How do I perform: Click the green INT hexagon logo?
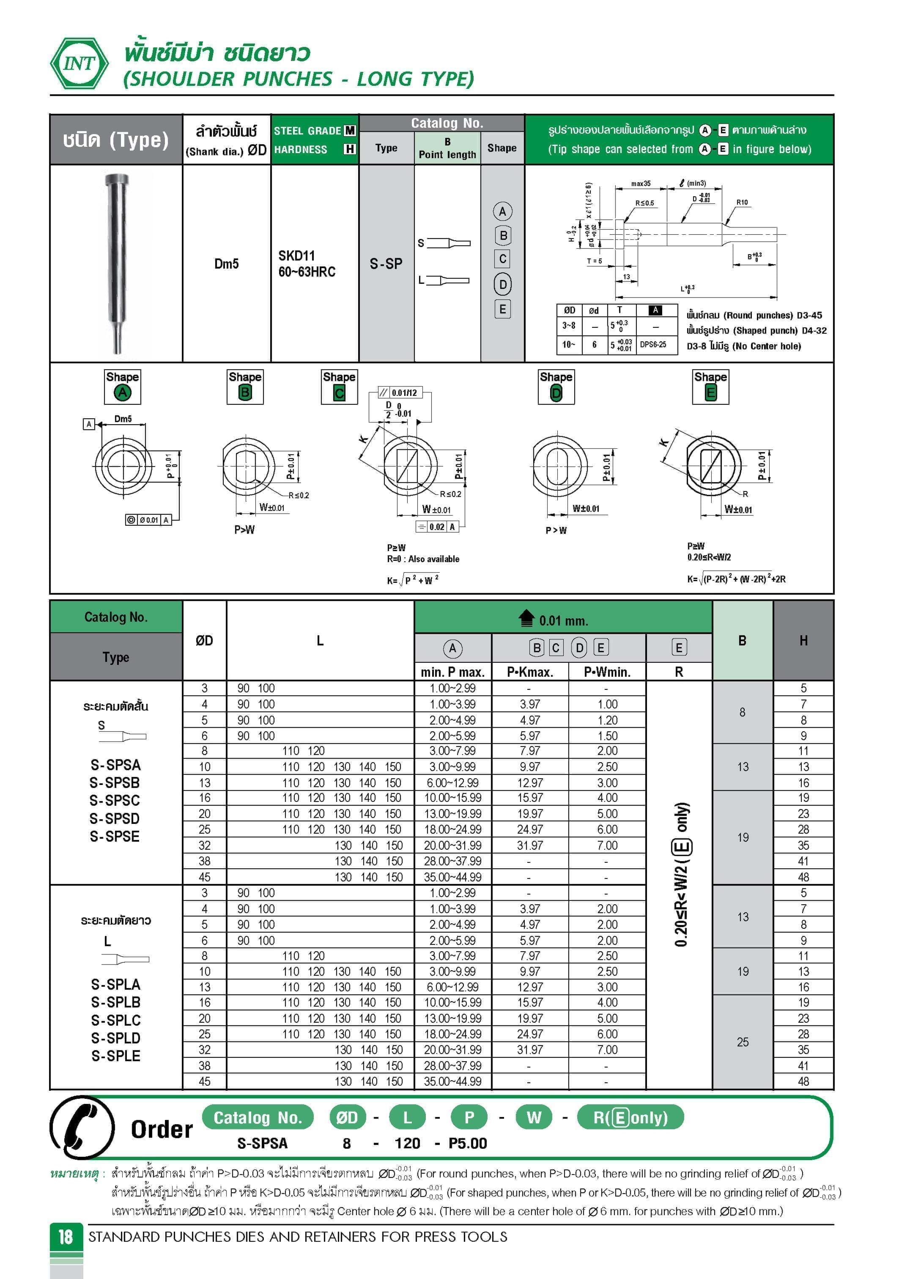click(x=79, y=63)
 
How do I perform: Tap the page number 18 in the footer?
click(x=66, y=1237)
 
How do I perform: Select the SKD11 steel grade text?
click(x=297, y=256)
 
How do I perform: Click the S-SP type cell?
click(x=386, y=263)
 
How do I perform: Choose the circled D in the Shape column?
click(x=502, y=285)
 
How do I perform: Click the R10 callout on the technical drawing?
click(x=742, y=202)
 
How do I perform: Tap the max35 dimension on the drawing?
click(x=641, y=183)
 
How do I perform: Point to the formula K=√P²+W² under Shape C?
click(x=413, y=580)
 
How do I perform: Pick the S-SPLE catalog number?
click(x=115, y=1056)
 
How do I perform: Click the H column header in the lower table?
click(x=803, y=641)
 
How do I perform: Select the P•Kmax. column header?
click(x=530, y=672)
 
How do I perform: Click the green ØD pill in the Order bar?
click(x=347, y=1117)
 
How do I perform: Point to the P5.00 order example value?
click(x=468, y=1143)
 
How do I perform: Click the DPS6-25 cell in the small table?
click(x=653, y=344)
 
